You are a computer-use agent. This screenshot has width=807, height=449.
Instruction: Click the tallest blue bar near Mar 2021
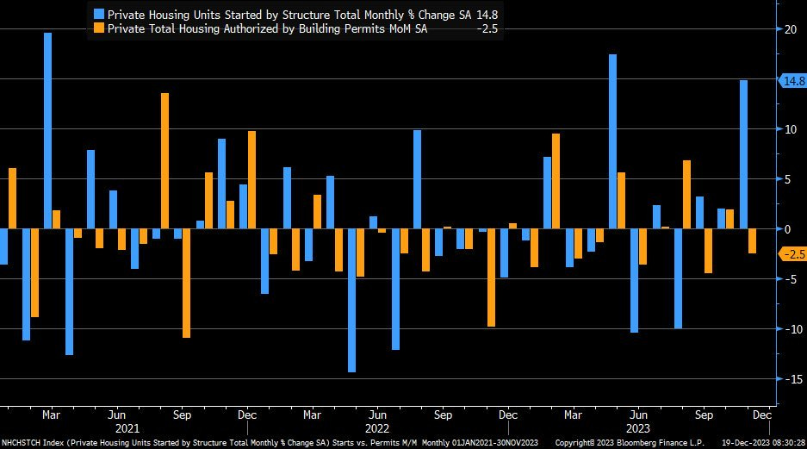[x=48, y=129]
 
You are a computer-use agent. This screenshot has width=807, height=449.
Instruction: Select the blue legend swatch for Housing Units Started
[x=100, y=14]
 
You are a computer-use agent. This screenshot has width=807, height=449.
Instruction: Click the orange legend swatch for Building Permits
[x=100, y=28]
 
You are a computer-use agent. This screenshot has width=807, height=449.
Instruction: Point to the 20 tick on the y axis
[x=787, y=29]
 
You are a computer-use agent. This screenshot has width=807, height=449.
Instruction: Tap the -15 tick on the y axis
[x=787, y=379]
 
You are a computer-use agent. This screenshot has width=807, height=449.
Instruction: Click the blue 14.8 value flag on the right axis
[x=791, y=81]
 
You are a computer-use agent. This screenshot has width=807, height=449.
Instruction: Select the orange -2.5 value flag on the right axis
[x=791, y=254]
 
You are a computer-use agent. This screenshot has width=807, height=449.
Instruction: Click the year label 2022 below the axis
[x=377, y=428]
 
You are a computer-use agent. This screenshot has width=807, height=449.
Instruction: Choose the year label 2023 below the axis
[x=638, y=428]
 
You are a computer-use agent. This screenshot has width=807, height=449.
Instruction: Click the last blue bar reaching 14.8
[x=743, y=155]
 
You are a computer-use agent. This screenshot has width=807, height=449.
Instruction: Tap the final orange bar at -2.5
[x=753, y=241]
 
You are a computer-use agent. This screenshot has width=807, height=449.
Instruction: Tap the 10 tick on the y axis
[x=787, y=129]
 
